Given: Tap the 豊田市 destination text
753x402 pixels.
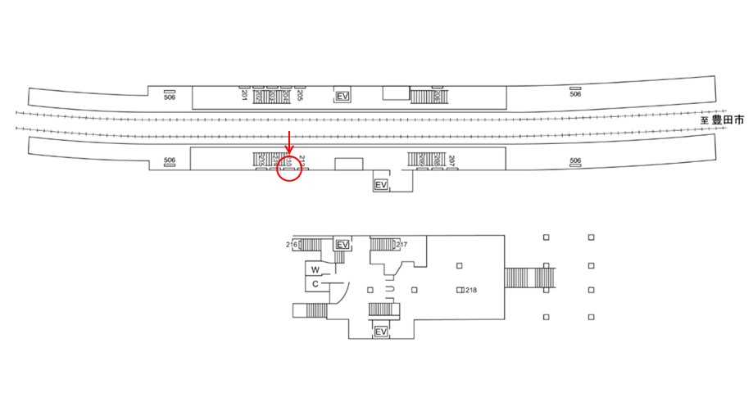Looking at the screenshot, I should [x=728, y=120].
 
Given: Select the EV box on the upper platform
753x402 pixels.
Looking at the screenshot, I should [x=344, y=97].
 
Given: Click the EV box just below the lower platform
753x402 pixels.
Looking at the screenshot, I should [x=380, y=185].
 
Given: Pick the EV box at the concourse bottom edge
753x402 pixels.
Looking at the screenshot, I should [x=380, y=332].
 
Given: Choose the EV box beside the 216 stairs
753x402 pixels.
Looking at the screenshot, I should [x=343, y=245].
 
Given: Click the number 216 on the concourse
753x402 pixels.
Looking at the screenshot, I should [x=292, y=244].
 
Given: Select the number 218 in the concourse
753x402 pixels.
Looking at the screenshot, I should [x=471, y=290].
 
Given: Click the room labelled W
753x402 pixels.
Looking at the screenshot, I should [x=315, y=269].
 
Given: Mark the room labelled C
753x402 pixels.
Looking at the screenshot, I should [x=315, y=284].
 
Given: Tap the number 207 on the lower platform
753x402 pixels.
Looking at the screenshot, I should [x=451, y=159].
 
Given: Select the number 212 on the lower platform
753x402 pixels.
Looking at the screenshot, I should [x=302, y=159].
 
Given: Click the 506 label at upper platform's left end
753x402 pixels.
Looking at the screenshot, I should [x=170, y=97].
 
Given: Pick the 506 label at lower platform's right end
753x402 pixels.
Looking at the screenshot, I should [x=575, y=160].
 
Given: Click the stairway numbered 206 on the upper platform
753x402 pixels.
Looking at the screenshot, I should [x=425, y=97].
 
